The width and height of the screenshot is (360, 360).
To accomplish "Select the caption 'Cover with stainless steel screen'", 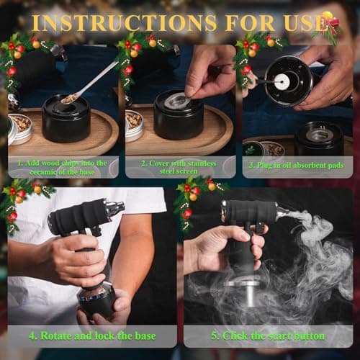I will [x=179, y=167].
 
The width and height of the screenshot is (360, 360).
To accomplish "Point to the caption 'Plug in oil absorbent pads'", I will [x=297, y=167].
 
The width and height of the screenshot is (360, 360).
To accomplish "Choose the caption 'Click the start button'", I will [x=268, y=336].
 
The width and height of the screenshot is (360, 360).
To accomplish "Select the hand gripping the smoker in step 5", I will [x=223, y=252].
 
